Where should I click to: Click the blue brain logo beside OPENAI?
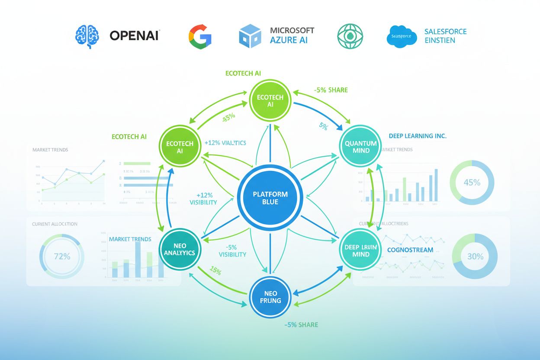pos(87,35)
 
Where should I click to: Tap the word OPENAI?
pos(135,35)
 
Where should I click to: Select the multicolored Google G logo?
pos(200,35)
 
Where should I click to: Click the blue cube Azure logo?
pos(250,36)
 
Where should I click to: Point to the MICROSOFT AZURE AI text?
pos(292,35)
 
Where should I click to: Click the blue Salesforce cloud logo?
pos(401,36)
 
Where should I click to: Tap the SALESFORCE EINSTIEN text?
pos(445,36)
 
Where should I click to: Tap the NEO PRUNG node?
pos(270,297)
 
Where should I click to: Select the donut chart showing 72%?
pos(62,257)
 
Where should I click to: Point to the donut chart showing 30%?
pos(475,256)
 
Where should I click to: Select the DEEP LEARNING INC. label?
pos(417,136)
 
